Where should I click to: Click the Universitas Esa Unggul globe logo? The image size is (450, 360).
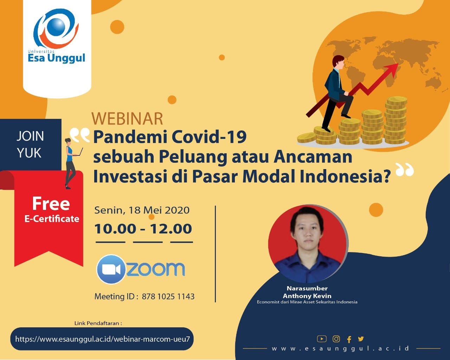coord(56,28)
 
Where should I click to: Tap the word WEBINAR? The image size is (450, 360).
coord(127,118)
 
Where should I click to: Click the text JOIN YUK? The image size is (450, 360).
coord(30,144)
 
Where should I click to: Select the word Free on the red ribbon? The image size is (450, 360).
coord(51,204)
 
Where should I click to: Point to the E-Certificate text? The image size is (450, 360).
coord(52,219)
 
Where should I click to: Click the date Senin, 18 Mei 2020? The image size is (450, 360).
coord(142,210)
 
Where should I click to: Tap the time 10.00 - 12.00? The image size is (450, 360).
coord(143,229)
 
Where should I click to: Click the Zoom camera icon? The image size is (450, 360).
coord(111,269)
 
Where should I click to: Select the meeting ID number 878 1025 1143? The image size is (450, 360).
coord(168,296)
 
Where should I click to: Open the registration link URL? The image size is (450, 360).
coord(102,339)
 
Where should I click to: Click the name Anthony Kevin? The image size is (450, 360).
coord(307,296)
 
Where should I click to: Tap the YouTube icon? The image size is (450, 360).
coord(322,339)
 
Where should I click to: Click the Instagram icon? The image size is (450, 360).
coord(336,339)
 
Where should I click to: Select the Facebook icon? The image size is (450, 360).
coord(349,339)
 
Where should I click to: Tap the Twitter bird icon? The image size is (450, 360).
coord(361,339)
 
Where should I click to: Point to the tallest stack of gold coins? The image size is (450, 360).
coord(396,120)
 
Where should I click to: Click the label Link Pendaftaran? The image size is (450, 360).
coord(98,323)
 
